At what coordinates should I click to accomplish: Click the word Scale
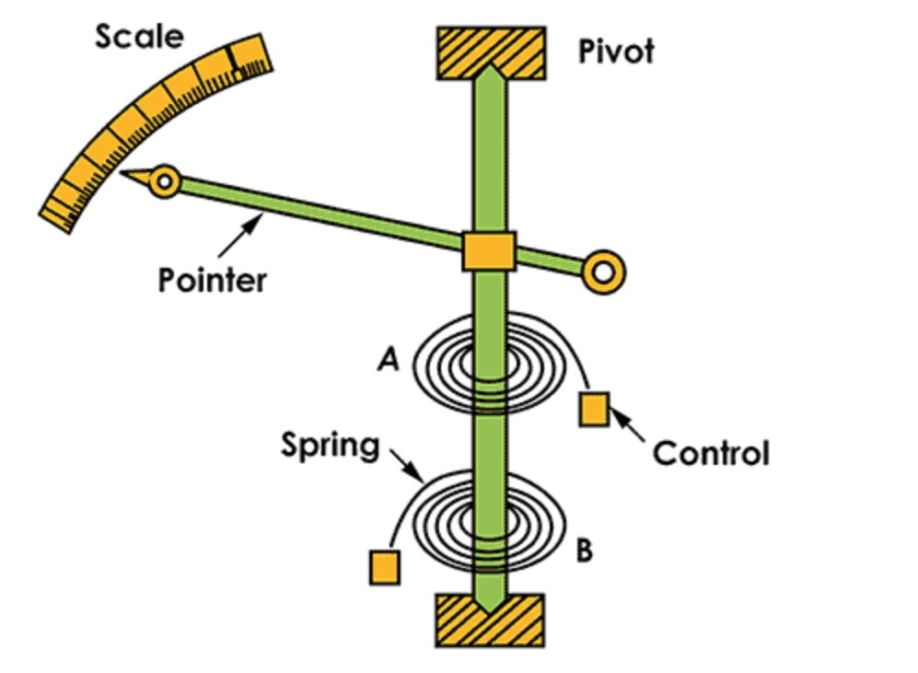click(139, 38)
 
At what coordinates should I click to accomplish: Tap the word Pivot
click(616, 51)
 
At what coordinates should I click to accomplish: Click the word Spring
click(331, 446)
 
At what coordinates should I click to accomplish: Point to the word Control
click(711, 453)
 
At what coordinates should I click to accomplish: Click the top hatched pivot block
click(491, 53)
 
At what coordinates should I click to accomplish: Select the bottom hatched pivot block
click(489, 620)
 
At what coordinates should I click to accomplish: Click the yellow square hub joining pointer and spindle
click(488, 250)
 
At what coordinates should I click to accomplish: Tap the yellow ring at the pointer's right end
click(603, 272)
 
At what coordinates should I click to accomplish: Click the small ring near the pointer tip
click(165, 180)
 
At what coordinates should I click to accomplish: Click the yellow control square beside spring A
click(593, 408)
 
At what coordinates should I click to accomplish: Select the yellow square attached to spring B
click(384, 566)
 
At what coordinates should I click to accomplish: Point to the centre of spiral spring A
click(490, 366)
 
